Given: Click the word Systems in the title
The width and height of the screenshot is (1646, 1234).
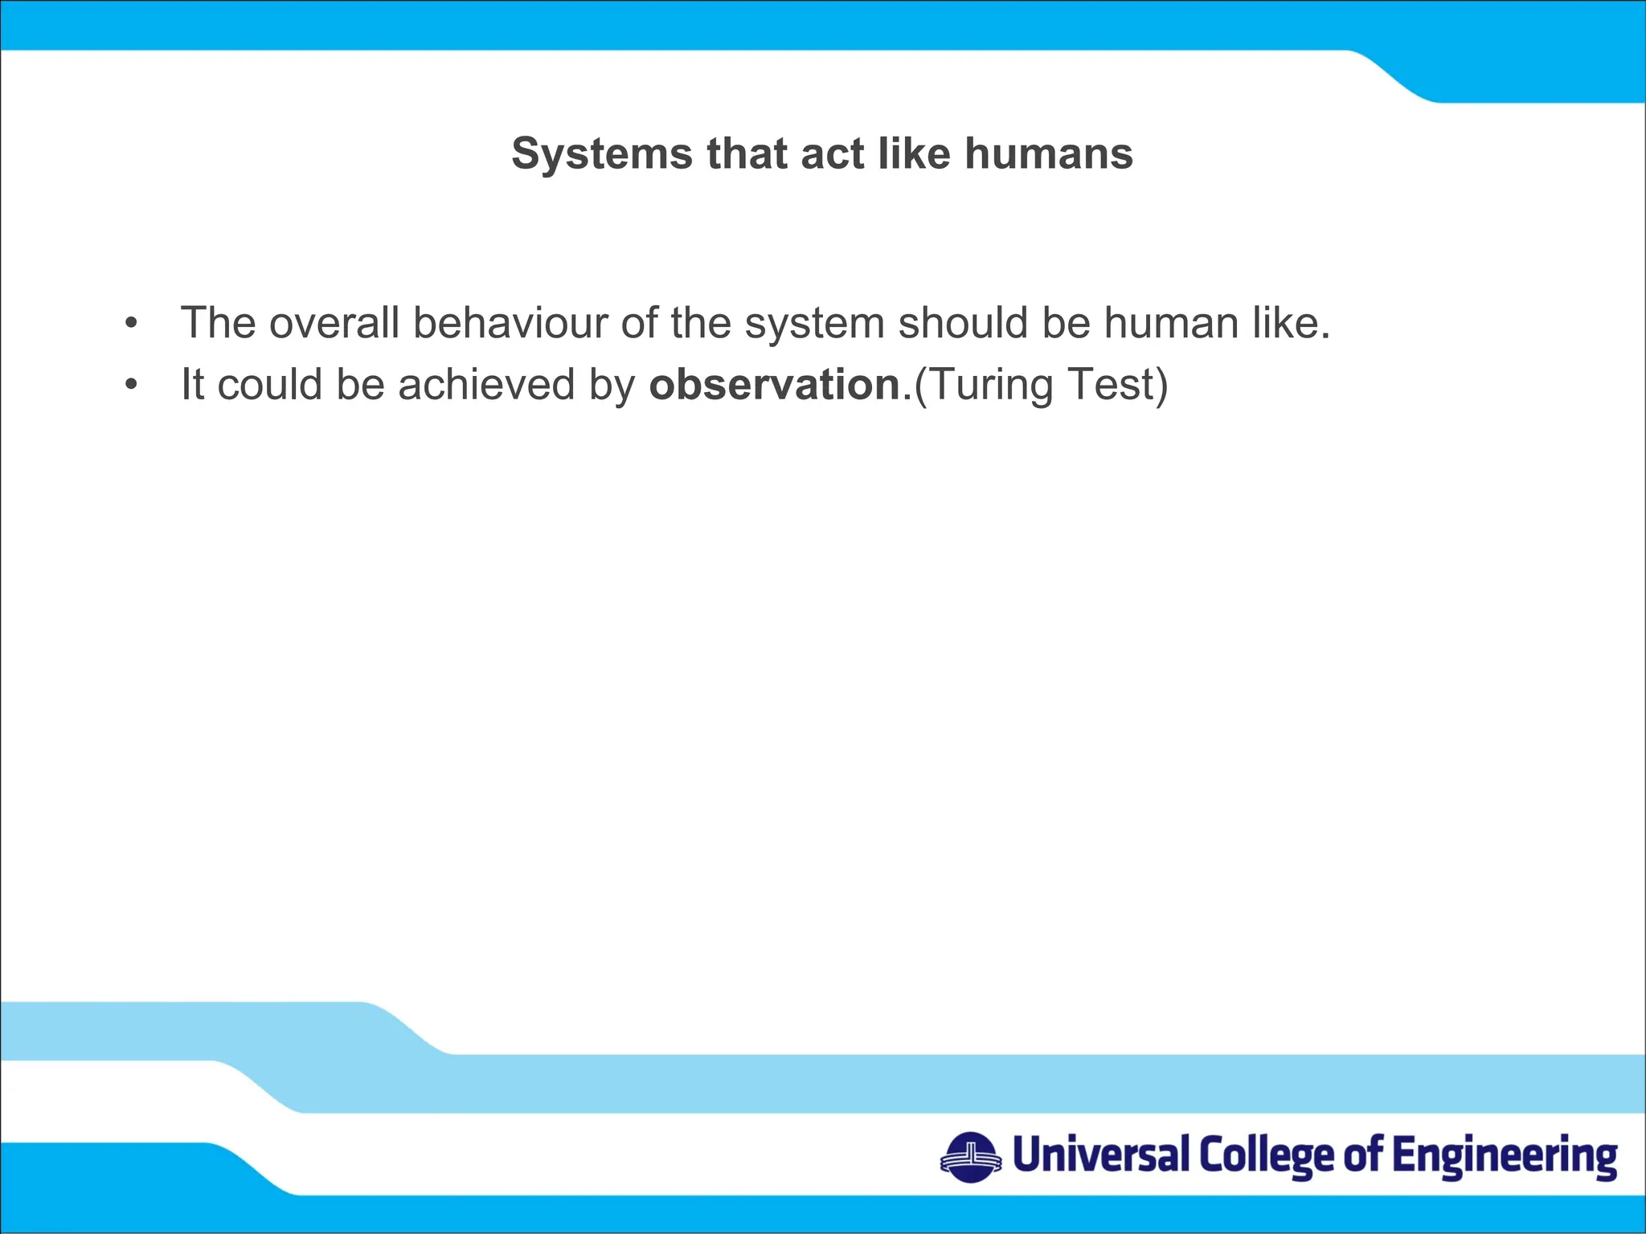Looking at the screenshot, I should coord(601,153).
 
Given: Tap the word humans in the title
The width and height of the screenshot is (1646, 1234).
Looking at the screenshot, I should coord(1049,153).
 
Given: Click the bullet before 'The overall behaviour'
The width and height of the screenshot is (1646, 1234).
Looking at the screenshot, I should coord(131,324).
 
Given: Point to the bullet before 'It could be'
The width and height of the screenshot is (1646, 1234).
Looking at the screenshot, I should coord(131,386).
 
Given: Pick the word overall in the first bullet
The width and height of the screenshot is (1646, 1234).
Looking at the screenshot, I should coord(334,323).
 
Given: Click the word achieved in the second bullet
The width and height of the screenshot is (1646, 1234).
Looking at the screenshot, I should coord(486,384).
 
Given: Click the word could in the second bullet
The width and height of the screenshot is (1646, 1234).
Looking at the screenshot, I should coord(269,384).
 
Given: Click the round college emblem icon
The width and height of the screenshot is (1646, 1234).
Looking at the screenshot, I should coord(971,1157).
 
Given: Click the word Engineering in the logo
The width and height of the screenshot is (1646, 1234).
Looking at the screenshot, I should coord(1504,1157).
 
